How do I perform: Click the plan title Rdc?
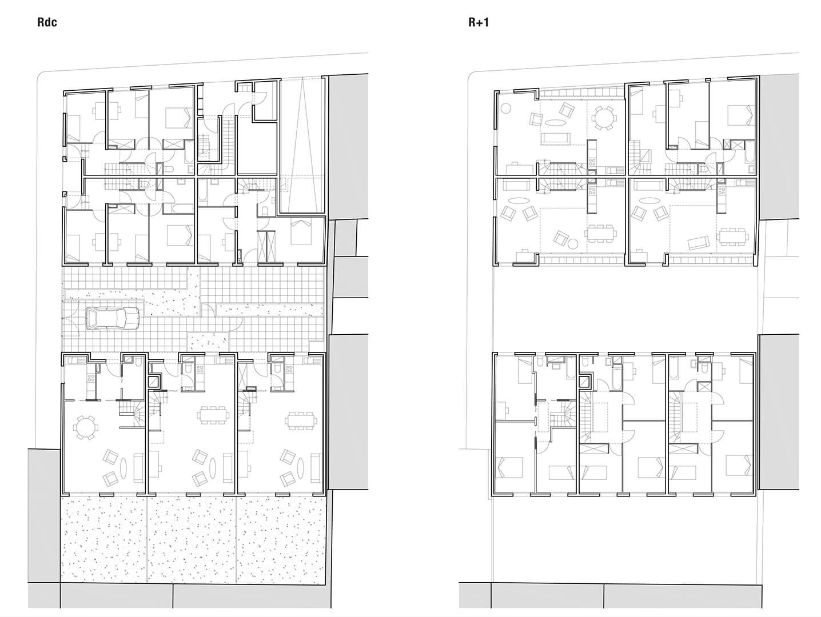[x=47, y=23]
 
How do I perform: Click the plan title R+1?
[x=478, y=23]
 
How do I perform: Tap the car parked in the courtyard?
[x=113, y=319]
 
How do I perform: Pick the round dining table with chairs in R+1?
[x=604, y=118]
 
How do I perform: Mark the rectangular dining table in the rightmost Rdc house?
[x=300, y=420]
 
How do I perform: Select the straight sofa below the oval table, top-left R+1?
[x=555, y=138]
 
